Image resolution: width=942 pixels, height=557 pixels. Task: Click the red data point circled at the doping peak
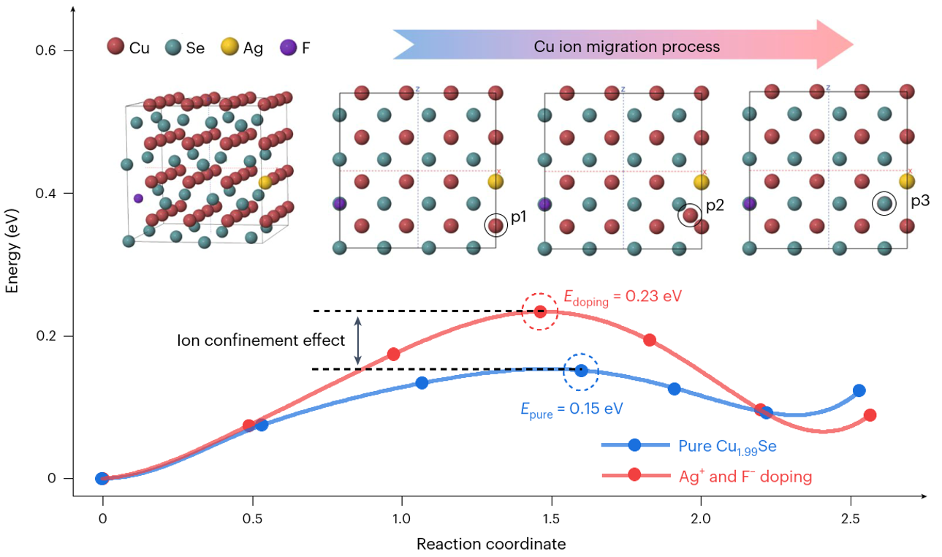[540, 311]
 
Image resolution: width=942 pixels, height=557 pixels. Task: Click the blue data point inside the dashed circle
[581, 371]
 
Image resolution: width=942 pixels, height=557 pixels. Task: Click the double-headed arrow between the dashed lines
[357, 341]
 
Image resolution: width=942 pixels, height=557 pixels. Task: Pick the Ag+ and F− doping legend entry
[745, 476]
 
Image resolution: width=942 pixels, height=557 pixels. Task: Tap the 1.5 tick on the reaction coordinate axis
[552, 519]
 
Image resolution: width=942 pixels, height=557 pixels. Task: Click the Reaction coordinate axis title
[491, 544]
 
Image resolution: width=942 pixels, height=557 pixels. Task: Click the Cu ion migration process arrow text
[626, 47]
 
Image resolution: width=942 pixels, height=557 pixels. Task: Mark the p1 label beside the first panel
[519, 217]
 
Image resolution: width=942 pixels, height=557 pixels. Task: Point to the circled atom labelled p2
[690, 215]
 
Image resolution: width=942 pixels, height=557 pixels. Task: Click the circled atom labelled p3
[884, 203]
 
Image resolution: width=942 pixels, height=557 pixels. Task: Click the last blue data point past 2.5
[859, 391]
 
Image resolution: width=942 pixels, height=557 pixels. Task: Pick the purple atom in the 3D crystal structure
[138, 198]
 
